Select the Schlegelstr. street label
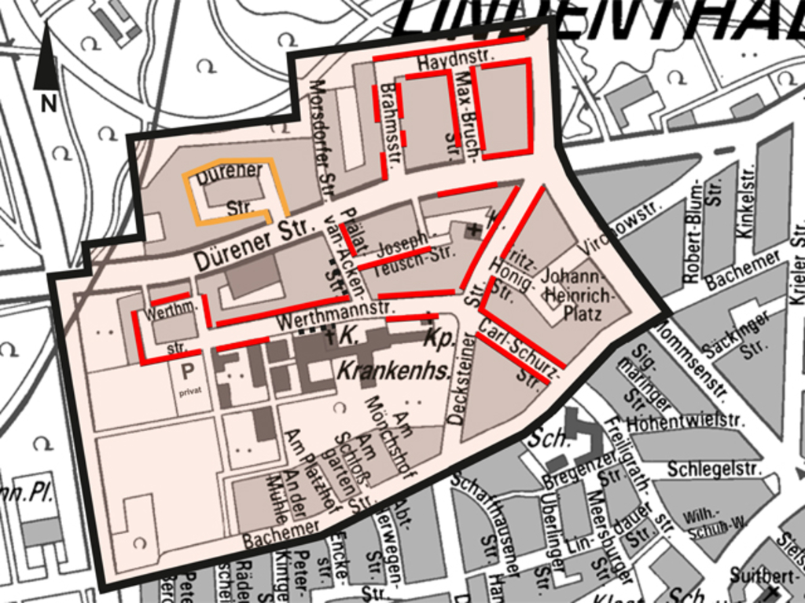(x=715, y=469)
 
